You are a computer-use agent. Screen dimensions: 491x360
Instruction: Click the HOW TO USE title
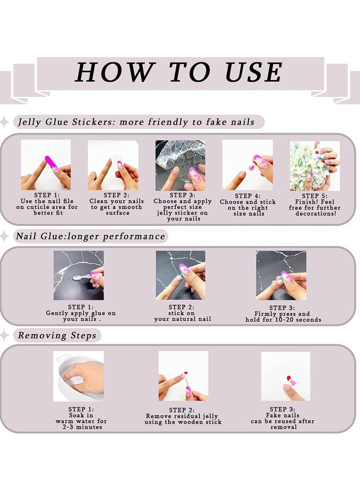179,72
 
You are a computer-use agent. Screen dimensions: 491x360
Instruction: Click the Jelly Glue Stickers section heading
135,122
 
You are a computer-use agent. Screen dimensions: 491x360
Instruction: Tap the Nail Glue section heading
90,236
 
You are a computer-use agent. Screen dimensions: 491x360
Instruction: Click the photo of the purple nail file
46,165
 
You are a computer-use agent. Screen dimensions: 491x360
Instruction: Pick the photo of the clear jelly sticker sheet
180,165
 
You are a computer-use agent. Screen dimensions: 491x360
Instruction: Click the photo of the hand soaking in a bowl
78,376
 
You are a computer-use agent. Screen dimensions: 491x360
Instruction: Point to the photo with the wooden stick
183,376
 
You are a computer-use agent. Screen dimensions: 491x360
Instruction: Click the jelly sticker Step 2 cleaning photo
113,165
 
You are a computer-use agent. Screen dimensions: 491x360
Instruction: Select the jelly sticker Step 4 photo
247,165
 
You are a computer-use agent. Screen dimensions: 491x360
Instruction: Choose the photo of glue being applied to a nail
79,275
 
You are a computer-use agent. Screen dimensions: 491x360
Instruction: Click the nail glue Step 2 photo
180,275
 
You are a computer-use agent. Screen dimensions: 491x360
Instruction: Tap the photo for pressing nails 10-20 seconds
281,275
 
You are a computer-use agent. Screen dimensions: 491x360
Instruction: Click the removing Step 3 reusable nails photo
286,376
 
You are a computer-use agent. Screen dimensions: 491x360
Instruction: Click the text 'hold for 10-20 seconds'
283,320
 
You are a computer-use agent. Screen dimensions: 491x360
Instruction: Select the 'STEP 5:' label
315,196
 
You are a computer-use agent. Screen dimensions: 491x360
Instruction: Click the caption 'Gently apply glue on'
81,313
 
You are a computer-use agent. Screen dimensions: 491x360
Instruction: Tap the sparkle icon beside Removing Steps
4,335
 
